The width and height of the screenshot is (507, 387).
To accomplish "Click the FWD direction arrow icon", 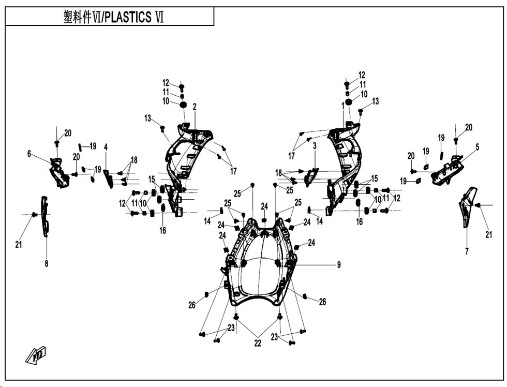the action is (36, 355).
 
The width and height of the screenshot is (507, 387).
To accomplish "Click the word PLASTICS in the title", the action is (128, 17).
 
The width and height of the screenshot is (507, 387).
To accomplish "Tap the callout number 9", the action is (338, 265).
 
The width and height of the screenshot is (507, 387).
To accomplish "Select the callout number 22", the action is (258, 343).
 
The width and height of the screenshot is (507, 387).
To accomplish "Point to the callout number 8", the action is (46, 263).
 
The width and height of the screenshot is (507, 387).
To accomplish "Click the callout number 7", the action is (467, 251).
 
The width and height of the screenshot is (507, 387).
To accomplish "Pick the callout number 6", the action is (29, 154).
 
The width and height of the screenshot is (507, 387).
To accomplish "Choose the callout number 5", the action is (477, 147).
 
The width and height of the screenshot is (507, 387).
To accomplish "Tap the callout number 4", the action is (106, 147).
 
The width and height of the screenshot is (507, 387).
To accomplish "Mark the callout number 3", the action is (315, 146).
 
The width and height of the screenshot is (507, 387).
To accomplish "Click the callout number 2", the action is (195, 107).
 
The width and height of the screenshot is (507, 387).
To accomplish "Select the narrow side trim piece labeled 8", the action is (44, 216).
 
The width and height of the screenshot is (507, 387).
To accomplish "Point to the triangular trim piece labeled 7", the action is (468, 206).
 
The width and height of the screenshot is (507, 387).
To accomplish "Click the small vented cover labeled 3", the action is (311, 177).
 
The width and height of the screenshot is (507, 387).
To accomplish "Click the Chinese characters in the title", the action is (78, 17).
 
